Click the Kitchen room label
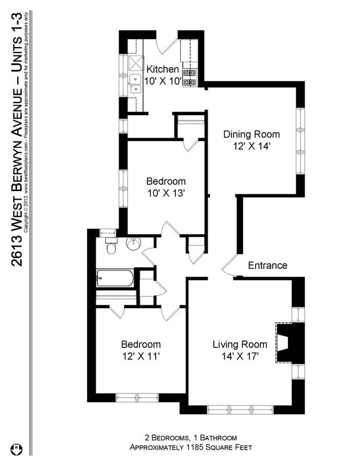(162, 70)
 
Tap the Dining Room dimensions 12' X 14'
(251, 146)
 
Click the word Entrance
(268, 265)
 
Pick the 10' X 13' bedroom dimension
(166, 193)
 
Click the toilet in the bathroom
(111, 247)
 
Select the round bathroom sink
(133, 244)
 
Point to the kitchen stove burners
(190, 78)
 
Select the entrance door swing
(229, 267)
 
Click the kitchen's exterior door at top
(167, 46)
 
